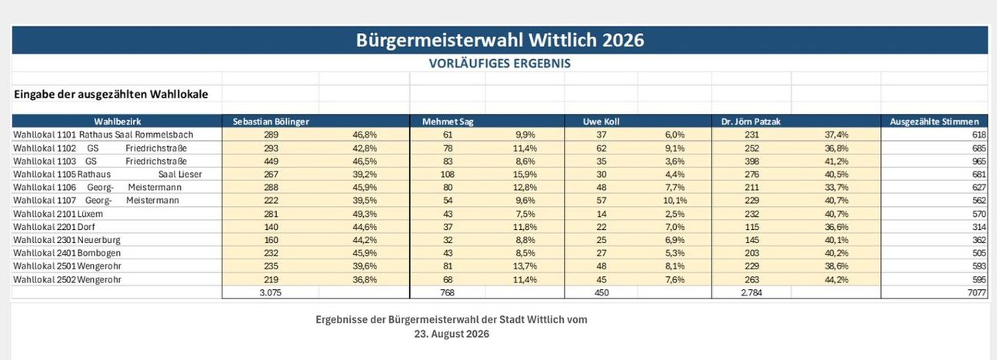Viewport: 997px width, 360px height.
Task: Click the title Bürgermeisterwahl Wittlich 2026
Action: coord(500,40)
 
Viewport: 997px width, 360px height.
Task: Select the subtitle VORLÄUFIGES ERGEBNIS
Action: coord(500,63)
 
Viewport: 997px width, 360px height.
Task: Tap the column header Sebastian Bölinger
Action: coord(271,122)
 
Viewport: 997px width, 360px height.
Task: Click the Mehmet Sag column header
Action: coord(448,122)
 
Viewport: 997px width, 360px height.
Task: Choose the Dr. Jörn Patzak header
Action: coord(751,122)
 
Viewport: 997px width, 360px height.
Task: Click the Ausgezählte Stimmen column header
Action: coord(934,122)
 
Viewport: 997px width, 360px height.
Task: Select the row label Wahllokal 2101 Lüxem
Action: coord(58,214)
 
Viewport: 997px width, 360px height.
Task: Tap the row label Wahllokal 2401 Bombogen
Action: coord(67,253)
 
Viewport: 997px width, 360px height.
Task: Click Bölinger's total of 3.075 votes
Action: coord(270,293)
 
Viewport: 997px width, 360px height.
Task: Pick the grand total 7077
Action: coord(977,293)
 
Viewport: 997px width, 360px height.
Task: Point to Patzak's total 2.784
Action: coord(751,293)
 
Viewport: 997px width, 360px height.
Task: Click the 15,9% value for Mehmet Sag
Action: coord(525,175)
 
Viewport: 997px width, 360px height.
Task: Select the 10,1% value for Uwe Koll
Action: coord(675,201)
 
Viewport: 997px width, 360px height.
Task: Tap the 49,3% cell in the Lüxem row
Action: coord(365,214)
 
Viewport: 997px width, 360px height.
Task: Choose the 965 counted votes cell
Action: coord(979,161)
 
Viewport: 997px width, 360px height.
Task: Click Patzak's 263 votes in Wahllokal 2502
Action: coord(752,280)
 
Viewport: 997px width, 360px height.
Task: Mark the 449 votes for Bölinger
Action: coord(271,161)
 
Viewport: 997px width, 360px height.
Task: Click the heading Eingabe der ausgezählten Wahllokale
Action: coord(111,95)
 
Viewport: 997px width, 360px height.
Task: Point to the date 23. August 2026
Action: coord(452,334)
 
